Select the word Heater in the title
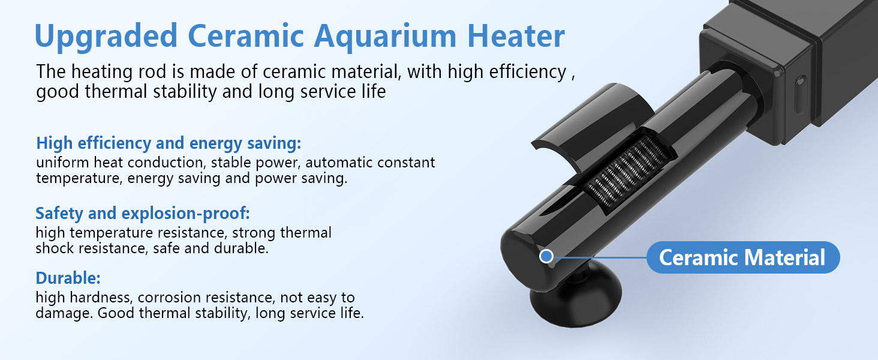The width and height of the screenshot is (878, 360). [516, 36]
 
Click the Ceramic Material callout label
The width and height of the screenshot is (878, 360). [742, 257]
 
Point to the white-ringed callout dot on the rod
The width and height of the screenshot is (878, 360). [546, 257]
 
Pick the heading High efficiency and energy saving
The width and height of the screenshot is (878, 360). [169, 143]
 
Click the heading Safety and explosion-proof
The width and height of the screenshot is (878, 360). [143, 213]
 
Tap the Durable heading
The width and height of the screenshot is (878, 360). [68, 278]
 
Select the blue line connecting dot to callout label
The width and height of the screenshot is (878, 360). [600, 257]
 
